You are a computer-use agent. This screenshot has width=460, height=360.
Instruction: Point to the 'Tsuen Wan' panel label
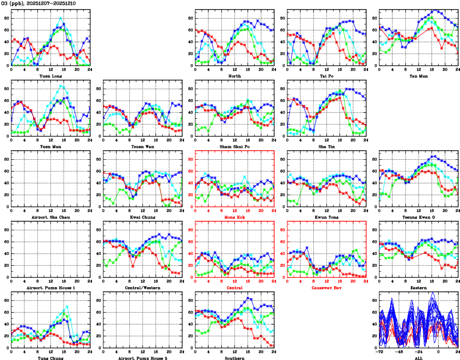click(142, 146)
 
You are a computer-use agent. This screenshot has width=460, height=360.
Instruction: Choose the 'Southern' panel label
click(234, 358)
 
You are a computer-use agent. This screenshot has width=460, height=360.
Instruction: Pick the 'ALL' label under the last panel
click(419, 358)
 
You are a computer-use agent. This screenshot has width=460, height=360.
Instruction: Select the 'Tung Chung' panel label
click(50, 358)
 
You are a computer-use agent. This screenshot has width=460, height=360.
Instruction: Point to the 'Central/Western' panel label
click(142, 288)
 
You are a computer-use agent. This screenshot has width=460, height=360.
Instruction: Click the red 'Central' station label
click(234, 288)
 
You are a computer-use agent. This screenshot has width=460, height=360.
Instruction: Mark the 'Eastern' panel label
click(419, 288)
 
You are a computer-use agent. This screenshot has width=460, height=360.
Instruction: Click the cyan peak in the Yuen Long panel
click(61, 18)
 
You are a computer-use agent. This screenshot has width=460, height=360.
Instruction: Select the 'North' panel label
click(234, 75)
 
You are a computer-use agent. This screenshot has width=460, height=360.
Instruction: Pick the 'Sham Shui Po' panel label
click(234, 146)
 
